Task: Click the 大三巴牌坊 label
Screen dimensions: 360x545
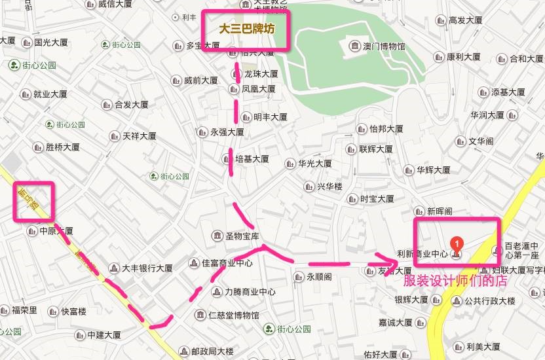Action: coord(246,30)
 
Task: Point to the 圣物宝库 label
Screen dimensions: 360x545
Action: coord(242,236)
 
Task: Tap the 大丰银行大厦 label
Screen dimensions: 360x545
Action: coord(147,268)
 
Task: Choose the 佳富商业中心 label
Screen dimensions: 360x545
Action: coord(227,263)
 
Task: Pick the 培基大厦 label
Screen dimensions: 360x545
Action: coord(252,158)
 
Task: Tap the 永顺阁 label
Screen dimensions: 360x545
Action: coord(318,276)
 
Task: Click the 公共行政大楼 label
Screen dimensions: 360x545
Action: coord(489,301)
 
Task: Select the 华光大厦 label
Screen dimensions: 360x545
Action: coord(314,163)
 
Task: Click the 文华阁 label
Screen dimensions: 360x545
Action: coord(480,141)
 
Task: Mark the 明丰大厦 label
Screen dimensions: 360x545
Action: coord(270,118)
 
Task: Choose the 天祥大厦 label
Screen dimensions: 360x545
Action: coord(138,136)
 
